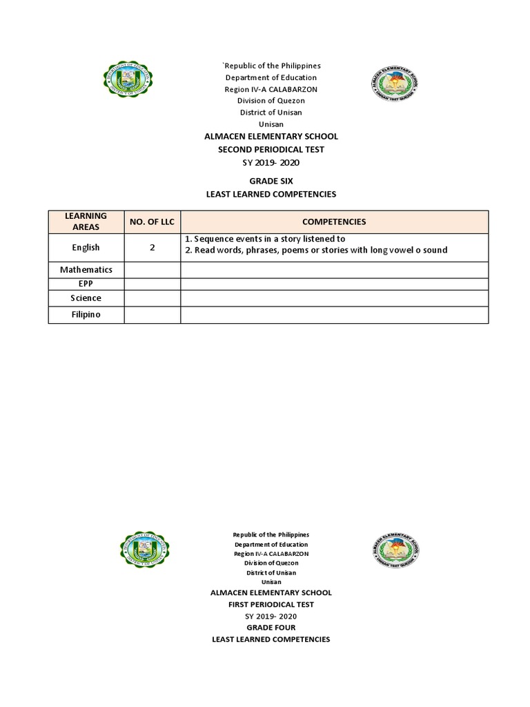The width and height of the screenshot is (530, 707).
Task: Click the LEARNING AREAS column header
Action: (86, 222)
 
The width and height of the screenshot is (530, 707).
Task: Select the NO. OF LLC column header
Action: (152, 222)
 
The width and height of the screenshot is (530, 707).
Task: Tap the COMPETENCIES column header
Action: (334, 222)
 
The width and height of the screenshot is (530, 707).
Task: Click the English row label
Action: (86, 247)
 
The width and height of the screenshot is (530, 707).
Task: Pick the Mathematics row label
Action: (86, 269)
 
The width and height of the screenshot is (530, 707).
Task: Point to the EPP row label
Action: (86, 284)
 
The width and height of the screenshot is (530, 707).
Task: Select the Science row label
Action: (86, 298)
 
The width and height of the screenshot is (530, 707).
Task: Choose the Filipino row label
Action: (86, 315)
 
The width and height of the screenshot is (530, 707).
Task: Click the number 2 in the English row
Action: (152, 247)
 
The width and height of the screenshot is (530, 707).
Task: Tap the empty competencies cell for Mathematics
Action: (334, 269)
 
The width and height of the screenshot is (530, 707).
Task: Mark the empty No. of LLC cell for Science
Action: (152, 298)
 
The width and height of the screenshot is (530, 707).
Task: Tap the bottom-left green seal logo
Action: (144, 550)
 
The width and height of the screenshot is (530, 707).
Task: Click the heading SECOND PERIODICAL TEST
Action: (271, 149)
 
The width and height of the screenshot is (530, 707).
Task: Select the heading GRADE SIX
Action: (271, 181)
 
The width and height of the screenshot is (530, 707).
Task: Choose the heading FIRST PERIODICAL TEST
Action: (271, 604)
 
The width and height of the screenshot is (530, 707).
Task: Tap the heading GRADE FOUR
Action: (271, 628)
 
